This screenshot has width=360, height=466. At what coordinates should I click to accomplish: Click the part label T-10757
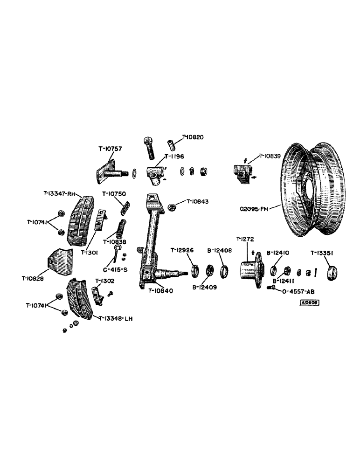pos(110,149)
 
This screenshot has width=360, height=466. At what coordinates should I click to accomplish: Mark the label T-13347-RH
pos(59,193)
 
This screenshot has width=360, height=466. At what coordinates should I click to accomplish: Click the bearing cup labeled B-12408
pos(224,271)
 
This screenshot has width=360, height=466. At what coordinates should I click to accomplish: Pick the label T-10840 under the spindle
pos(161,291)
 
